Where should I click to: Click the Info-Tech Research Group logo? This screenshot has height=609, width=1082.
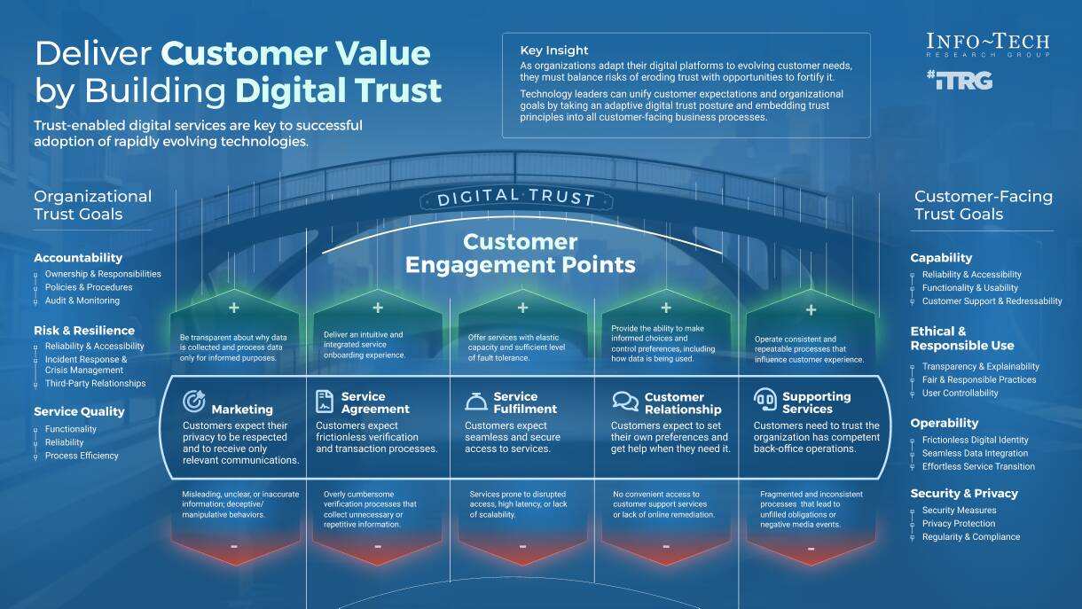tap(987, 45)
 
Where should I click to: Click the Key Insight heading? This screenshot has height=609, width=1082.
tap(554, 51)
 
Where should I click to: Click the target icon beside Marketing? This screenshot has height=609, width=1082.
tap(193, 402)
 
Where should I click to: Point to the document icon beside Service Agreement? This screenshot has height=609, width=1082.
tap(325, 402)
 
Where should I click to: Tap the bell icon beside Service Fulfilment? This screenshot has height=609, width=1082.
tap(476, 402)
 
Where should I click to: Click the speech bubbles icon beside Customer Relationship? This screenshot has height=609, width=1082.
tap(625, 402)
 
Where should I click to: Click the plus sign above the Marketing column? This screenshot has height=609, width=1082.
tap(234, 308)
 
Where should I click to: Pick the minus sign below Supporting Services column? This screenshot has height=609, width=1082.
tap(811, 549)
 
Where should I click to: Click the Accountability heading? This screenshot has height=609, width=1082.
tap(78, 258)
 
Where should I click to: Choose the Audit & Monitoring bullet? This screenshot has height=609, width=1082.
tap(82, 301)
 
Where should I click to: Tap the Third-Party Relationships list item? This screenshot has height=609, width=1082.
tap(95, 384)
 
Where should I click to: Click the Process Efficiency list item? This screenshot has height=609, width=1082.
tap(82, 456)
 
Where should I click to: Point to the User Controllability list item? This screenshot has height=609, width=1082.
tap(960, 393)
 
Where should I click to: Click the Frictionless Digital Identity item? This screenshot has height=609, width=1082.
tap(975, 440)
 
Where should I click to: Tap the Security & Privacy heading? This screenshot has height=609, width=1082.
tap(964, 493)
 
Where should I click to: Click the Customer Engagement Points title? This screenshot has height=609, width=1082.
tap(521, 254)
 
